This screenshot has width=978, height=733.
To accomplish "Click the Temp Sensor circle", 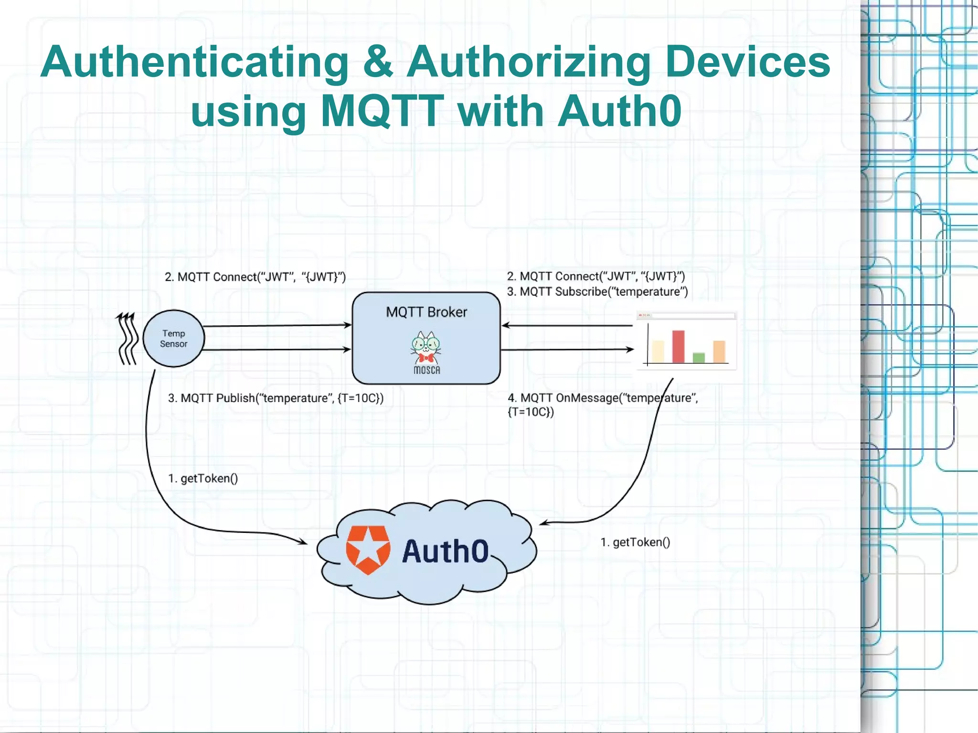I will pyautogui.click(x=173, y=338).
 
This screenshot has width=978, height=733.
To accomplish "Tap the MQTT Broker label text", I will pyautogui.click(x=426, y=312).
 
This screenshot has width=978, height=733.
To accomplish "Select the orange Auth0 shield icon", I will pyautogui.click(x=368, y=550).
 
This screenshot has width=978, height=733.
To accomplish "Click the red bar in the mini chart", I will pyautogui.click(x=678, y=346).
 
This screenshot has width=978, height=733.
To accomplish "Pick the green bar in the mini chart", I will pyautogui.click(x=699, y=357).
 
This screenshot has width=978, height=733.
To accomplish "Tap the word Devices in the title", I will pyautogui.click(x=747, y=62).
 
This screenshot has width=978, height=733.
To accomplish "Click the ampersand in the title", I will pyautogui.click(x=378, y=62).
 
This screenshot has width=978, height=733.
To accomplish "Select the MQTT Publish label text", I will pyautogui.click(x=276, y=398).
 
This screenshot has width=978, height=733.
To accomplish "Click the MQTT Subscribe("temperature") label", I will pyautogui.click(x=597, y=292).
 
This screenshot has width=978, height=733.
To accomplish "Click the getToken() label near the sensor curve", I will pyautogui.click(x=203, y=478).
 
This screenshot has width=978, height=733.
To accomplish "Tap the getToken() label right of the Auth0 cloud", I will pyautogui.click(x=635, y=542).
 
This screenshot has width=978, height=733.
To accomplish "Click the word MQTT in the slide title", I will pyautogui.click(x=383, y=111).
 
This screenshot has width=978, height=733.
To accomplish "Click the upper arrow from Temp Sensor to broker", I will pyautogui.click(x=277, y=326).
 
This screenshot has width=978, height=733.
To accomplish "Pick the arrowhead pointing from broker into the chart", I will pyautogui.click(x=630, y=350).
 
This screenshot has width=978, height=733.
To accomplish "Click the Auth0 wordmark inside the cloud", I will pyautogui.click(x=445, y=552).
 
